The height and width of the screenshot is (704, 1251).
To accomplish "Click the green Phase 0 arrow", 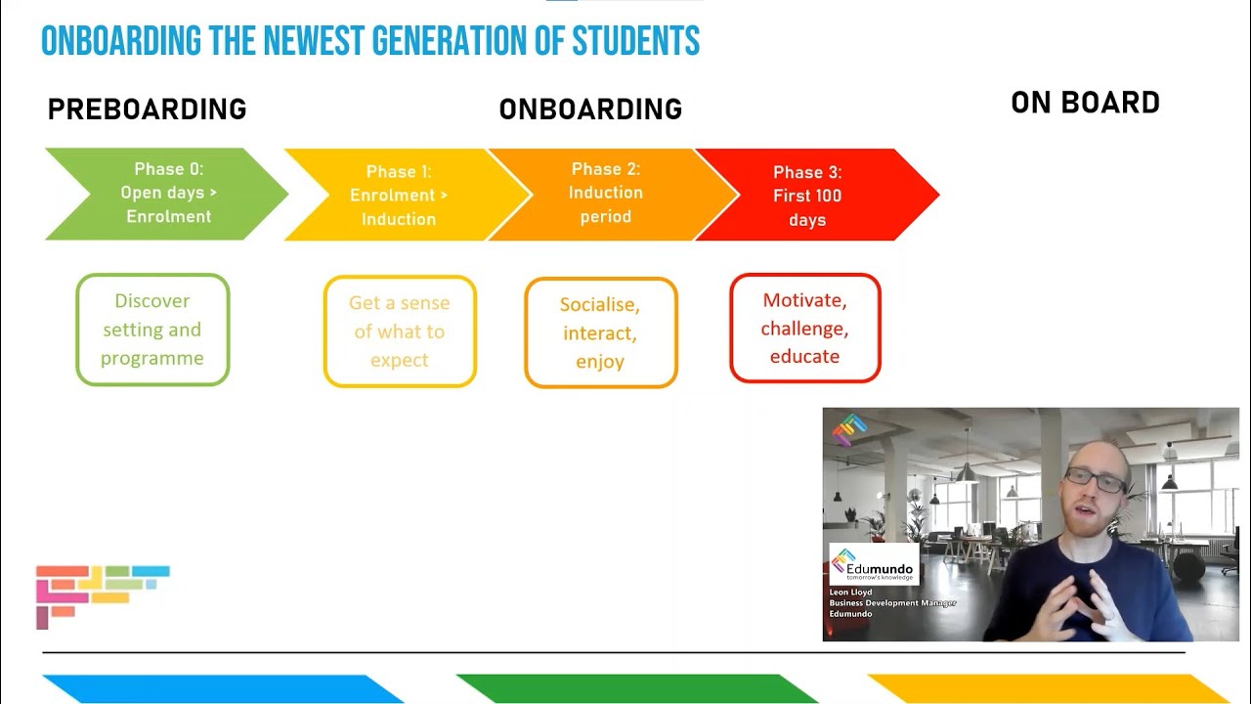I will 166,194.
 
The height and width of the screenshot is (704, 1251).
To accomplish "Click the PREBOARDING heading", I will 147,110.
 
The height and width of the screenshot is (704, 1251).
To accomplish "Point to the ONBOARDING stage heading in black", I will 590,110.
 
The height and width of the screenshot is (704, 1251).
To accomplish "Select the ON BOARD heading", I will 1085,104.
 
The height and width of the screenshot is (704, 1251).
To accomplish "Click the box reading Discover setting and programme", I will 152,330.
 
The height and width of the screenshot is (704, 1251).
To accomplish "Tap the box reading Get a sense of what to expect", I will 400,331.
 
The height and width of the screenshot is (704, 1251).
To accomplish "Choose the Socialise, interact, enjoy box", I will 600,332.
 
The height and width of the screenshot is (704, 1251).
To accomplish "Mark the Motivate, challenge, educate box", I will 804,328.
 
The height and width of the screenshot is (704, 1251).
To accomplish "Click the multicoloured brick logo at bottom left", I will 101,592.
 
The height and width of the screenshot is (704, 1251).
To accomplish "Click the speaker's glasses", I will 1095,480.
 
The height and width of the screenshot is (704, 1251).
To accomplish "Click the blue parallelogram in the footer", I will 223,688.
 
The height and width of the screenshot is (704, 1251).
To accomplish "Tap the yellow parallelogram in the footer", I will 1049,688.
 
